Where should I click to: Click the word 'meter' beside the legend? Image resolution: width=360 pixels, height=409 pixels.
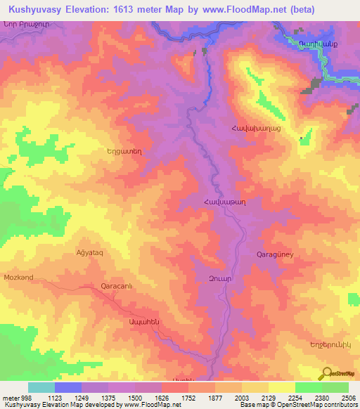tap(9, 397)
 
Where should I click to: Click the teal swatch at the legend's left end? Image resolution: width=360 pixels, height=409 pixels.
tap(41, 387)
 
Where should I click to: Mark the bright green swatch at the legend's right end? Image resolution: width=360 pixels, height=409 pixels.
tap(335, 387)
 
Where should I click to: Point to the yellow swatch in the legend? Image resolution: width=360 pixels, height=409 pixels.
tap(281, 387)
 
